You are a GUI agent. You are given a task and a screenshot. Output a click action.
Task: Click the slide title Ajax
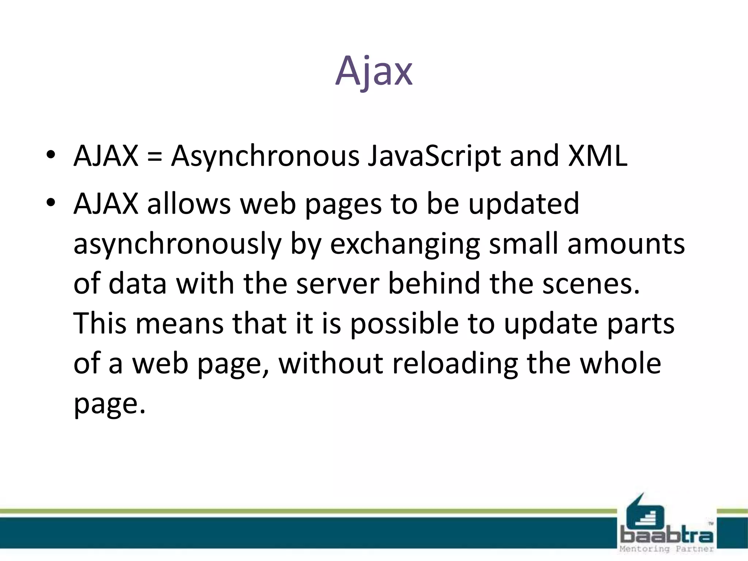(374, 71)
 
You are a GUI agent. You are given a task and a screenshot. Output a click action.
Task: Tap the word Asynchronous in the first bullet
(266, 156)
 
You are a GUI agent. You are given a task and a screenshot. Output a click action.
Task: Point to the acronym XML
(598, 156)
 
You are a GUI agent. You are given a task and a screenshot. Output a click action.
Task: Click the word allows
(189, 203)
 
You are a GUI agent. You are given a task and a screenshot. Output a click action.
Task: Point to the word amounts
(626, 244)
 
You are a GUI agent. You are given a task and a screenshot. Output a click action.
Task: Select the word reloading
(455, 364)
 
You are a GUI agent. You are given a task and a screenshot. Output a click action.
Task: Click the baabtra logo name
(667, 536)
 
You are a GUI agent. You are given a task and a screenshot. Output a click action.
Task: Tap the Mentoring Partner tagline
(667, 549)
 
